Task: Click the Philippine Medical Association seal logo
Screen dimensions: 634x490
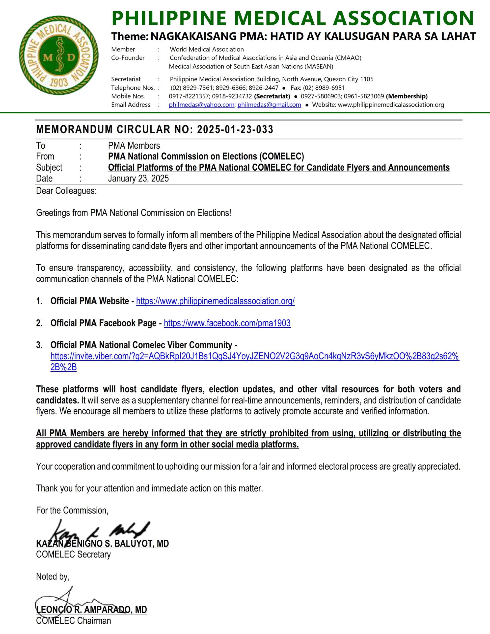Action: click(x=58, y=55)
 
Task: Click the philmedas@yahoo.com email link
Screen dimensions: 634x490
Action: click(x=201, y=105)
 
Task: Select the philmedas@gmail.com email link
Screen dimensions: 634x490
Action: click(x=269, y=105)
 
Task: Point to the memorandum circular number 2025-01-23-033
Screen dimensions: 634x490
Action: click(x=235, y=130)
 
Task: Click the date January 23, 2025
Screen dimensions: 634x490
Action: click(x=138, y=179)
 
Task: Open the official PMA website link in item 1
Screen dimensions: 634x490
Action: click(x=215, y=301)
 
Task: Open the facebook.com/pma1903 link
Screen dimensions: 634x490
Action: click(x=227, y=323)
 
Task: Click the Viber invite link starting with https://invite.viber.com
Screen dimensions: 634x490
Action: click(x=254, y=356)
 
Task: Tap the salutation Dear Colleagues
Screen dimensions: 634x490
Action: click(x=66, y=191)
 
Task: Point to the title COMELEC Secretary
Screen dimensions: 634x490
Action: click(x=73, y=555)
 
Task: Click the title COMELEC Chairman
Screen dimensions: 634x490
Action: click(x=73, y=621)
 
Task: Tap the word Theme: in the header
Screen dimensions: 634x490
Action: click(x=130, y=36)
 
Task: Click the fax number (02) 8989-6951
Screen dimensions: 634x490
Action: click(x=324, y=88)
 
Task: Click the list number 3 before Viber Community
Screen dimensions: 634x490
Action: click(x=39, y=345)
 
